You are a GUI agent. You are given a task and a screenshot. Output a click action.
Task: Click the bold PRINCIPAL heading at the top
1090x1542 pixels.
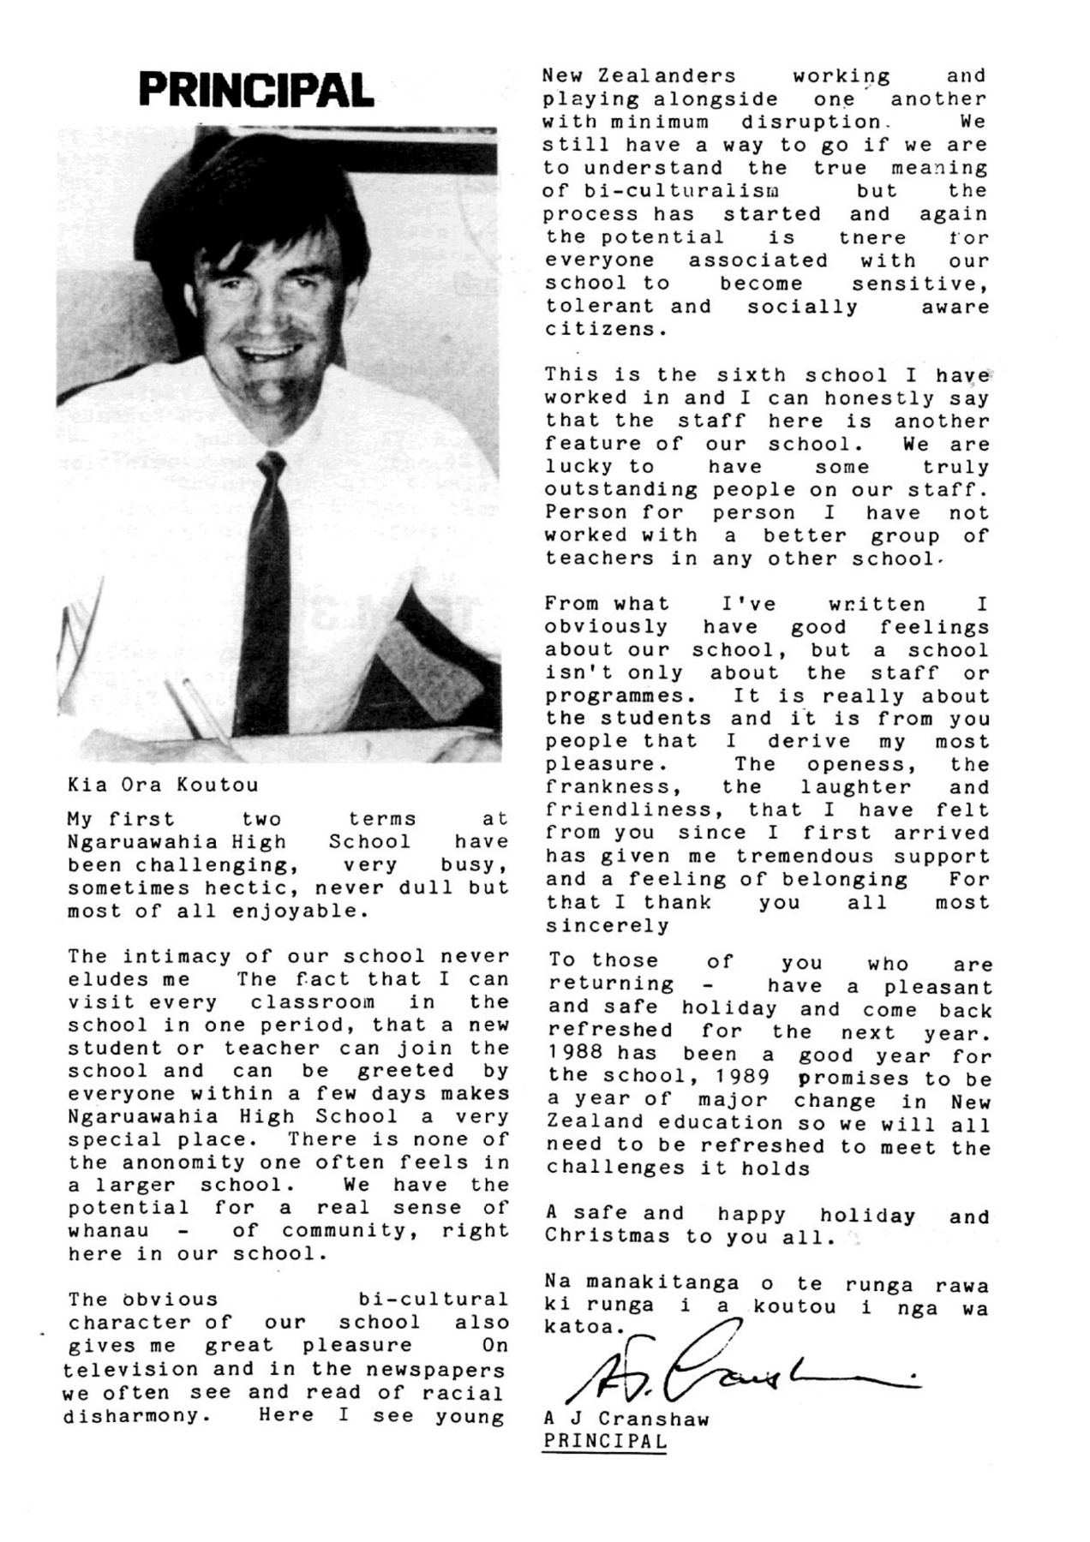[x=256, y=90]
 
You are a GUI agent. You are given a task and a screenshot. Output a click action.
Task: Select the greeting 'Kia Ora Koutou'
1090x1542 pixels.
[x=163, y=785]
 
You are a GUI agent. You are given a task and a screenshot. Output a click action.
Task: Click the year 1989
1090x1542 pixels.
[x=743, y=1079]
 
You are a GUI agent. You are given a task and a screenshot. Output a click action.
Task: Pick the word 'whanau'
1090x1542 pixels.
[x=108, y=1231]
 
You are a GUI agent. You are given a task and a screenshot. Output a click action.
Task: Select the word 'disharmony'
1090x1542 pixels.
[x=136, y=1415]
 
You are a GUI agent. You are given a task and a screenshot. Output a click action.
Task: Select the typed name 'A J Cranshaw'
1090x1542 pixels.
[x=626, y=1419]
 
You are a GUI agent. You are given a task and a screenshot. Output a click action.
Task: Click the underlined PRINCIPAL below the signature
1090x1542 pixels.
[x=605, y=1441]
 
